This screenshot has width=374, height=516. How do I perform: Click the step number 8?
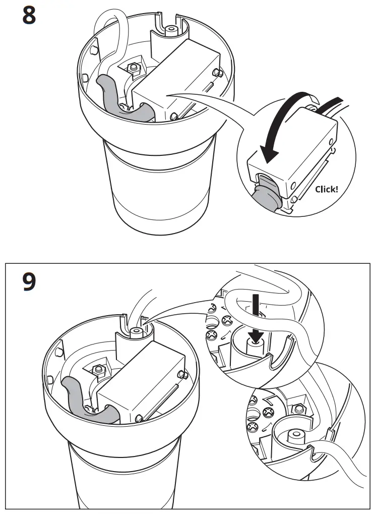pyautogui.click(x=29, y=16)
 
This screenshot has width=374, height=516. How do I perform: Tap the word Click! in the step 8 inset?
pyautogui.click(x=327, y=190)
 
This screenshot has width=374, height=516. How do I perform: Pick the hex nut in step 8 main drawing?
pyautogui.click(x=135, y=68)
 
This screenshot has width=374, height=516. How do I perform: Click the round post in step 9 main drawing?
pyautogui.click(x=135, y=332)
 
